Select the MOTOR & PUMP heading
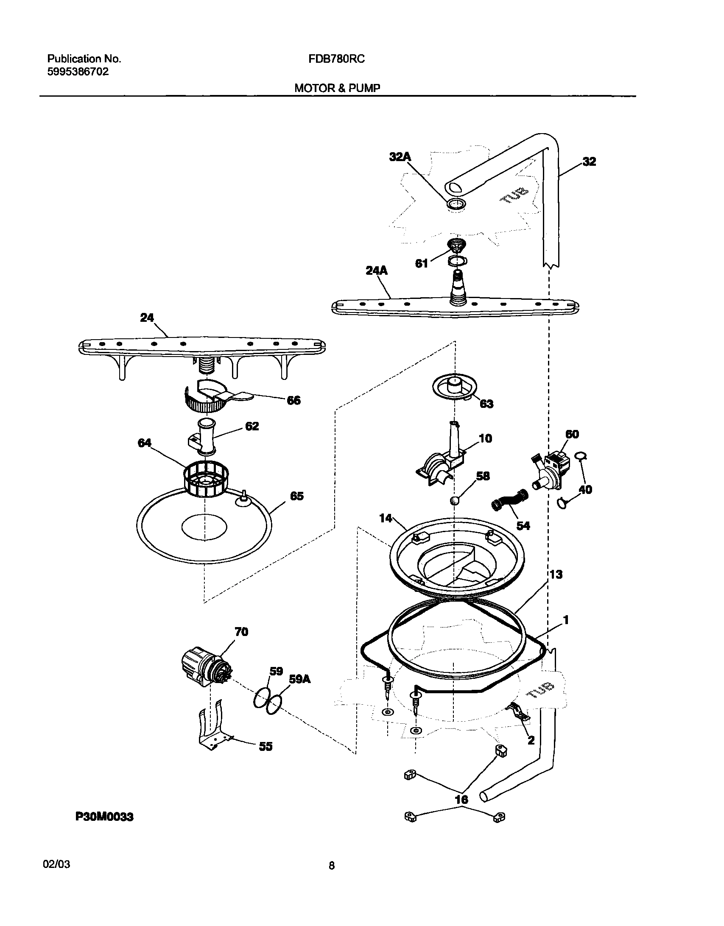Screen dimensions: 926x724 [x=337, y=88]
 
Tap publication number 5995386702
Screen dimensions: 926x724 [x=78, y=72]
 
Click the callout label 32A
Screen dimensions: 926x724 [x=400, y=157]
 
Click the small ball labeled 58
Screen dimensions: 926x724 [x=454, y=501]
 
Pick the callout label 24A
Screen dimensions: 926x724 [x=376, y=271]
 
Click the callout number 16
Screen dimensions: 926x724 [x=461, y=800]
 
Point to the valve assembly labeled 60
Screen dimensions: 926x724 [x=550, y=471]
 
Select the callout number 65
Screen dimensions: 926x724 [x=296, y=496]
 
